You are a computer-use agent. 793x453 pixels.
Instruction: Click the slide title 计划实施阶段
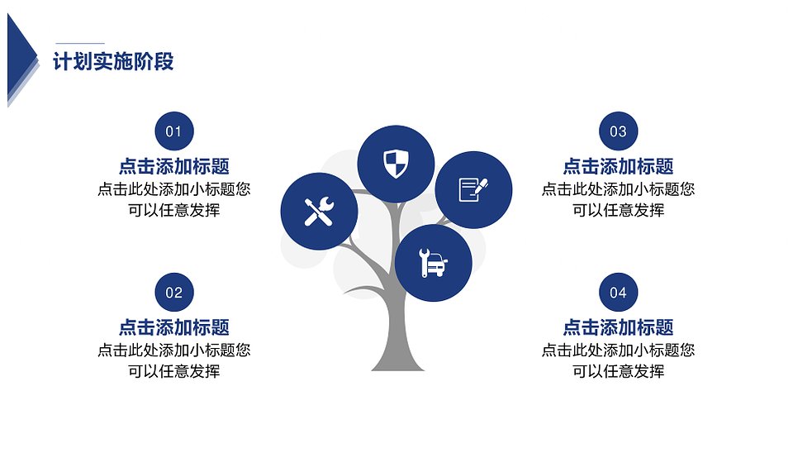(x=113, y=62)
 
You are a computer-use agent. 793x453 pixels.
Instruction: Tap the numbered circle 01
(x=174, y=131)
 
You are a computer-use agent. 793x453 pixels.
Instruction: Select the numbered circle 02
(x=174, y=292)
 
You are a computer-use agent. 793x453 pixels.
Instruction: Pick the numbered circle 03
(x=618, y=131)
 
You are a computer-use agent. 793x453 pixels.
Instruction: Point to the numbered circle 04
(x=618, y=292)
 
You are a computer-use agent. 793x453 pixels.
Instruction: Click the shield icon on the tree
(x=396, y=164)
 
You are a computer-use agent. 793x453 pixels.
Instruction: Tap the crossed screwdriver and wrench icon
(x=319, y=211)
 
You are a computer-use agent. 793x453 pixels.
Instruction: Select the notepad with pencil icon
(x=473, y=190)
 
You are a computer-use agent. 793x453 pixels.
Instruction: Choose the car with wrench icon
(x=434, y=263)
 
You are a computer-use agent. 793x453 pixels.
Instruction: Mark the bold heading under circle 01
(x=174, y=166)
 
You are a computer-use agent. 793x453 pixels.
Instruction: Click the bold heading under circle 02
(x=174, y=327)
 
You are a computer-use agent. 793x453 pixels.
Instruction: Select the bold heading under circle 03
(x=618, y=166)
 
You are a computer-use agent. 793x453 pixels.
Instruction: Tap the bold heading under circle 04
(x=618, y=327)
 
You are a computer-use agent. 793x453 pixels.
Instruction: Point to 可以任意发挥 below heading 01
(x=174, y=209)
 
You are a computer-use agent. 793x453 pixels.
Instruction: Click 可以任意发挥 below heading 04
(x=618, y=371)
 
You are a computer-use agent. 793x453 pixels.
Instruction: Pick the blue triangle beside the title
(x=20, y=58)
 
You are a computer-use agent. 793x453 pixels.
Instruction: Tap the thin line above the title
(x=80, y=44)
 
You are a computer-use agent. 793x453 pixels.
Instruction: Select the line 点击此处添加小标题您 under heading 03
(x=618, y=188)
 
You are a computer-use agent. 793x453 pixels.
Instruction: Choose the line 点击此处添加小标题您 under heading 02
(x=174, y=350)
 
